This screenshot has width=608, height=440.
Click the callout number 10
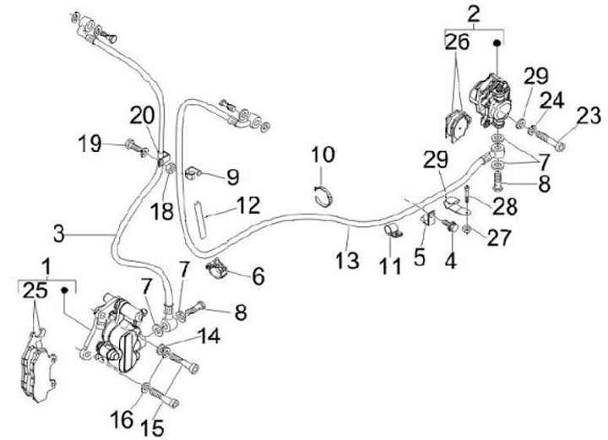(x=323, y=155)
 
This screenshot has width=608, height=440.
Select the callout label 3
(x=57, y=231)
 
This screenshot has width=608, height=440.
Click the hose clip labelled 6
(x=219, y=267)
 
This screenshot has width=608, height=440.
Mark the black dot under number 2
(x=497, y=41)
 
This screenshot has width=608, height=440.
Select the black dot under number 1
(x=62, y=291)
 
